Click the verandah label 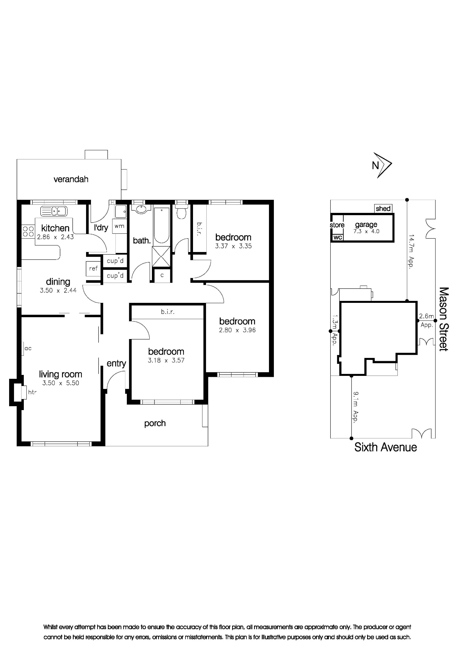click(71, 179)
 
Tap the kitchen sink click(54, 211)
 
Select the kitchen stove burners click(28, 231)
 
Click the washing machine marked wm click(119, 226)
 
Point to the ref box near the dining click(93, 269)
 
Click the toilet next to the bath click(181, 212)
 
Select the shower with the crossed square click(161, 257)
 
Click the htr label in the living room click(32, 392)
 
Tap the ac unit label click(28, 348)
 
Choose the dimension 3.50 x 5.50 click(61, 383)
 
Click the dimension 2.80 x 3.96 click(237, 330)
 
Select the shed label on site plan click(383, 209)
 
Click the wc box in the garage click(338, 237)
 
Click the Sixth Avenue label click(386, 447)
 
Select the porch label click(155, 423)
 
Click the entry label click(116, 363)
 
